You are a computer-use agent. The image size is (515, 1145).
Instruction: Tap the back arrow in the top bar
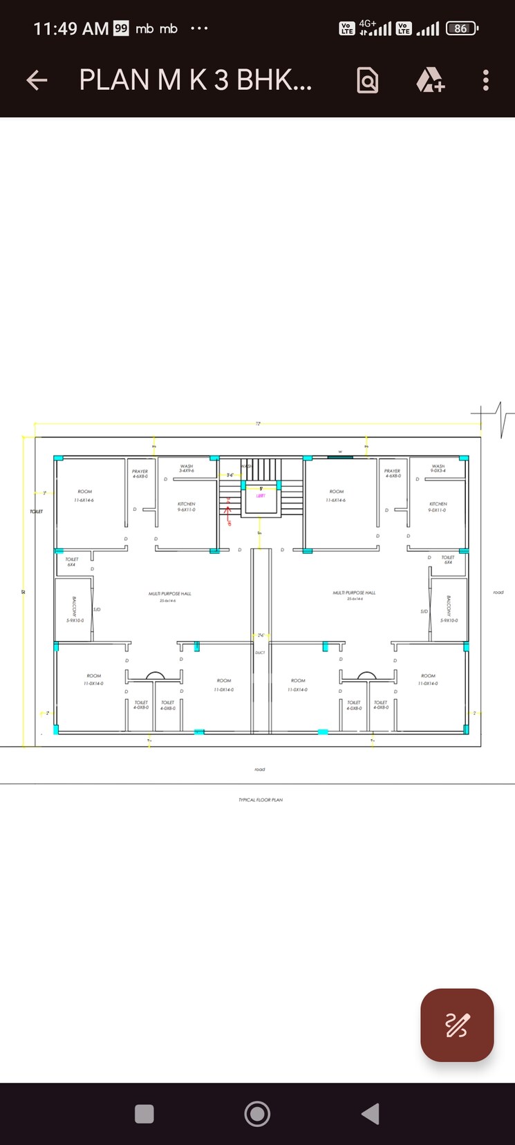tap(37, 80)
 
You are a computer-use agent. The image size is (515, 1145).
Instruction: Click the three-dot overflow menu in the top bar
tap(486, 80)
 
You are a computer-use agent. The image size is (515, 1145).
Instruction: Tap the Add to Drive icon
tap(430, 80)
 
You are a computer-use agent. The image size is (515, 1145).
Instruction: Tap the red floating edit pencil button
tap(457, 1025)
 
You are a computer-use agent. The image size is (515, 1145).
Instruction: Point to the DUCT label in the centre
tap(260, 653)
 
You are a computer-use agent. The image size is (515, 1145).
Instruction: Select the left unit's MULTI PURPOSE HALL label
tap(170, 594)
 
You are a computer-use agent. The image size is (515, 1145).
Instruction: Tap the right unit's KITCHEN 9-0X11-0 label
tap(438, 507)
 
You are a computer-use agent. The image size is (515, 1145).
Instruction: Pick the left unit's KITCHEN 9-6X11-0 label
tap(186, 507)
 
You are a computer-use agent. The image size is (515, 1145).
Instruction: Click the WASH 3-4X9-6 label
tap(187, 468)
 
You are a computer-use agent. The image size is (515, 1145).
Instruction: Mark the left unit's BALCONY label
tap(74, 608)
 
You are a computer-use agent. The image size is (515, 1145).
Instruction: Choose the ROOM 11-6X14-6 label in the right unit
tap(337, 495)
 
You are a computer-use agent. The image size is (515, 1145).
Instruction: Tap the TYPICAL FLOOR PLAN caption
tap(261, 800)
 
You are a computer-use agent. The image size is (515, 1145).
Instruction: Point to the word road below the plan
tap(260, 770)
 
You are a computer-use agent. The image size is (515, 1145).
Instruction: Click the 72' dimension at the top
tap(258, 424)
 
